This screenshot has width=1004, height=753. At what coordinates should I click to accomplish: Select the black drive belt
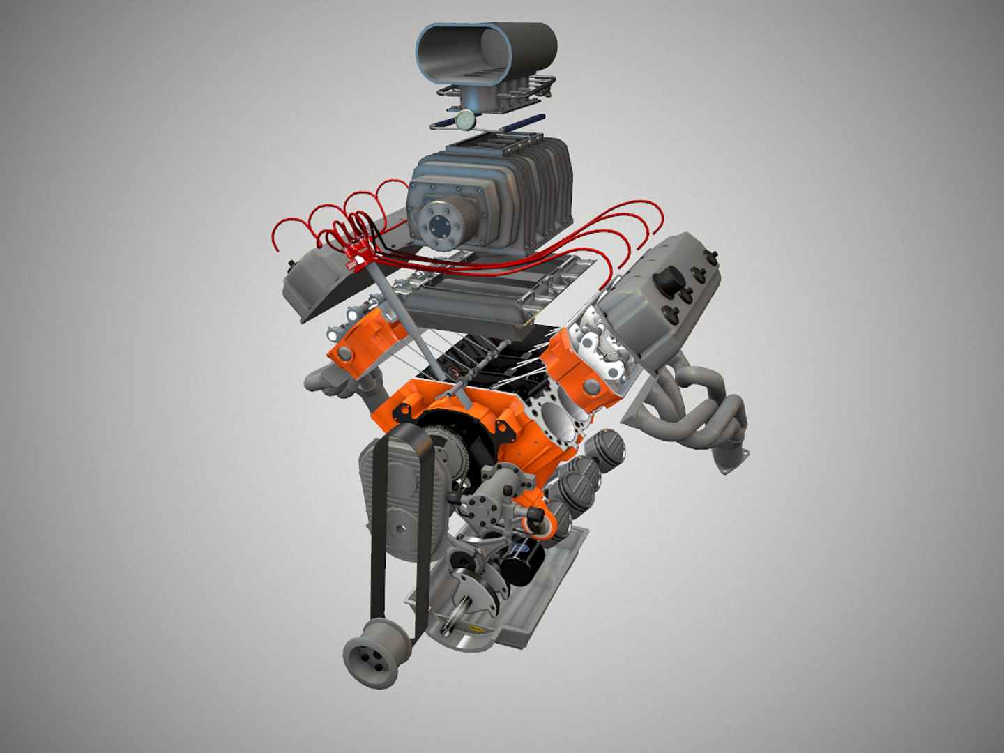click(x=379, y=530)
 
